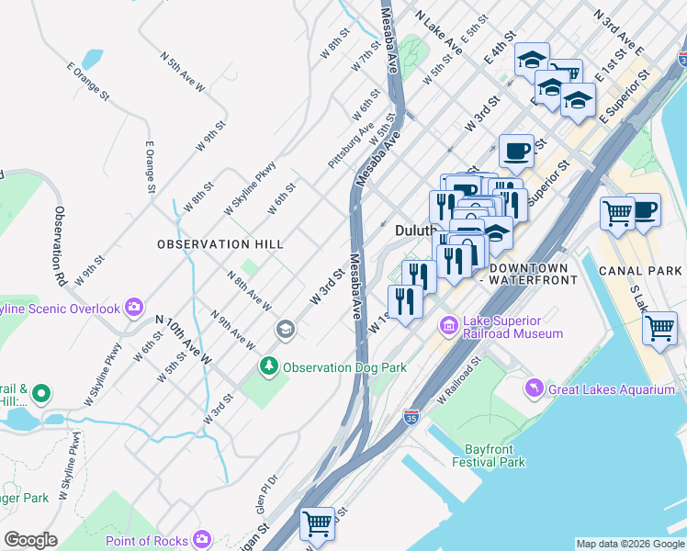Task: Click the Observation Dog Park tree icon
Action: tap(269, 367)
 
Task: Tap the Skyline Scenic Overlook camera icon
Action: tap(135, 307)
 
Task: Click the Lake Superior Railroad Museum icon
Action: tap(449, 324)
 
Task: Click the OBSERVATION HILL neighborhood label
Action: tap(220, 244)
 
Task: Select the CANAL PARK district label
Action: tap(640, 271)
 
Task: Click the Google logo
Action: tap(30, 539)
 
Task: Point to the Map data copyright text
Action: tap(629, 544)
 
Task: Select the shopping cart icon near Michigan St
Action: tap(318, 523)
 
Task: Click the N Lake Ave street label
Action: tap(439, 30)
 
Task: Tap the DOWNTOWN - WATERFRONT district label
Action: tap(533, 273)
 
